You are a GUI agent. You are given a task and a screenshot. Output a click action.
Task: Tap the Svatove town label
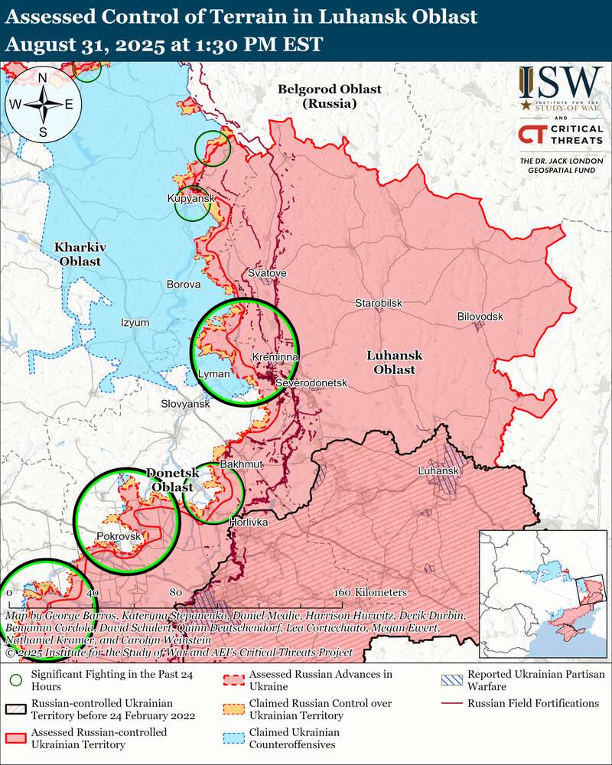point(268,273)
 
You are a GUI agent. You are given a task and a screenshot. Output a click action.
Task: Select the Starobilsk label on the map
point(378,304)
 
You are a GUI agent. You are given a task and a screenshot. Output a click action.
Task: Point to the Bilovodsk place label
point(481,316)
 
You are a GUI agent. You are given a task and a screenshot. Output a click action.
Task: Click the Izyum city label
point(135,322)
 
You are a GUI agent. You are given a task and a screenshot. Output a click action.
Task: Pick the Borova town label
point(184,284)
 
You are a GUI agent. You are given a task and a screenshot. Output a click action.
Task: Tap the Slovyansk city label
point(185,403)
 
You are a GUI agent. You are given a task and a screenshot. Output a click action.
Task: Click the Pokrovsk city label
point(119,536)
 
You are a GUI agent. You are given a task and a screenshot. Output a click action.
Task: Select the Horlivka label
point(248,522)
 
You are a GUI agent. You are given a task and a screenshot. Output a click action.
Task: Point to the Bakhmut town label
point(241,464)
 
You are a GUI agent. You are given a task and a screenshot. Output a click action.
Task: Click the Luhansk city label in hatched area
point(438,471)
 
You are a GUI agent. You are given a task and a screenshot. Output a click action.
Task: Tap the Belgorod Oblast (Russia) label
point(329,96)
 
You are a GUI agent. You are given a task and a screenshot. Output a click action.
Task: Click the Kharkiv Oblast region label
point(79,254)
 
